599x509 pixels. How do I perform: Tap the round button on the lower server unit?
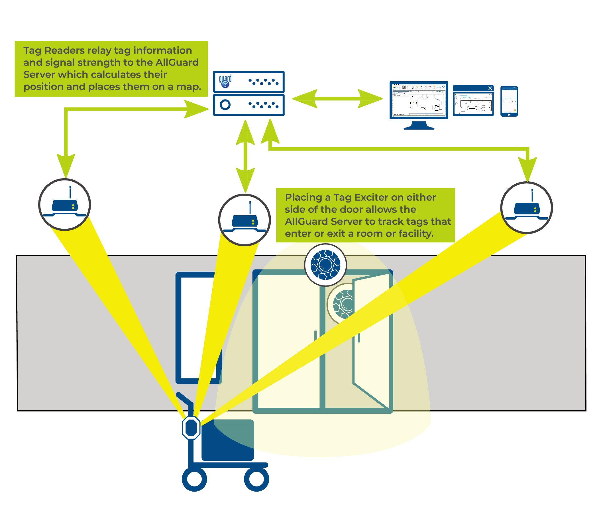pos(225,104)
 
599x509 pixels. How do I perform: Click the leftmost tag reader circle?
pos(65,204)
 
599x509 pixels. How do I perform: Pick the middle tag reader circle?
pos(244,220)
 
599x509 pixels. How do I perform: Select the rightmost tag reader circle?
pos(526,208)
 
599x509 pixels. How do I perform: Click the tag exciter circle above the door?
pos(325,265)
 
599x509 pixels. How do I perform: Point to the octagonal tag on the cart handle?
pos(191,427)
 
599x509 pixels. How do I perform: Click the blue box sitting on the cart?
pos(227,440)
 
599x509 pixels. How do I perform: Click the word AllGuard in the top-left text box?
pos(177,62)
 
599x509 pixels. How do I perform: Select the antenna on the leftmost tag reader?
pos(70,192)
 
